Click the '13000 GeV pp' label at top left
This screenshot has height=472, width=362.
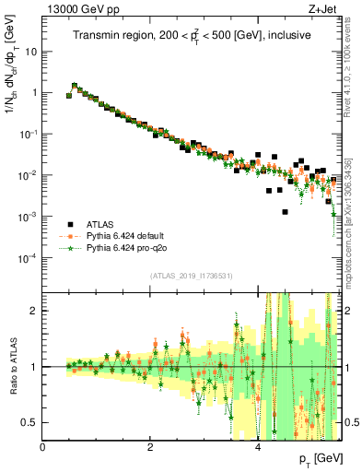coord(76,8)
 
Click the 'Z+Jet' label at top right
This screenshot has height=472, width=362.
coord(325,8)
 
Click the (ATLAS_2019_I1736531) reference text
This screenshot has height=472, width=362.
coord(192,276)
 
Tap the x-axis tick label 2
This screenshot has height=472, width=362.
coord(150,446)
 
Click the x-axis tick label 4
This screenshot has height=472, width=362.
coord(258,446)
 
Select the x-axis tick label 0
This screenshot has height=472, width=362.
coord(42,446)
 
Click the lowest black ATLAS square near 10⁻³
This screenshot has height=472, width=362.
coord(286,212)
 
